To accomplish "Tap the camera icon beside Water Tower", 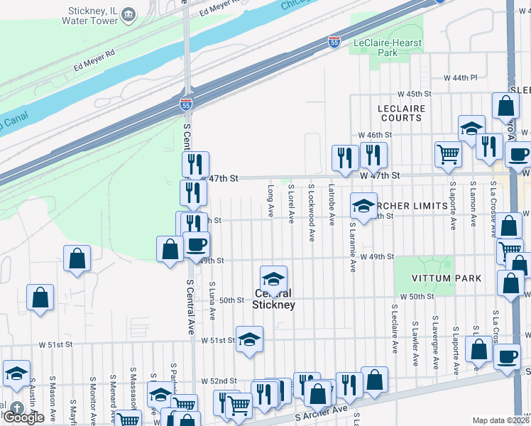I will [x=128, y=14].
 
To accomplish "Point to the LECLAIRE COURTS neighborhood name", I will [x=401, y=113].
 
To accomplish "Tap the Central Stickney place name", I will [x=273, y=299].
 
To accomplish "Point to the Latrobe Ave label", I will [x=332, y=205].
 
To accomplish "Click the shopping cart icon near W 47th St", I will [x=448, y=154].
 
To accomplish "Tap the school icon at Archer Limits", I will [x=363, y=207].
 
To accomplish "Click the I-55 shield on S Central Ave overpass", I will [x=186, y=104].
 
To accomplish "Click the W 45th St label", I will [x=415, y=94].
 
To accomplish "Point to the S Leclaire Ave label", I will [x=395, y=329].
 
